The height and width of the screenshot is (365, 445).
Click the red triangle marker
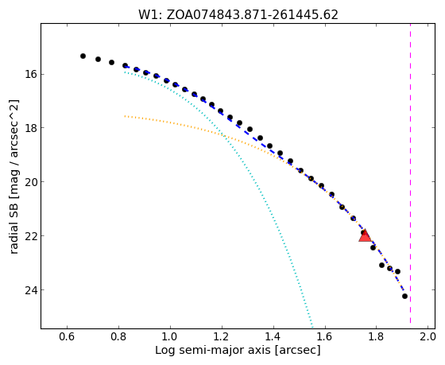pyautogui.click(x=365, y=235)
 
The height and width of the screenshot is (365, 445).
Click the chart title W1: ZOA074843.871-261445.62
pyautogui.click(x=238, y=15)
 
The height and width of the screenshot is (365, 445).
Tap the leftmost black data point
pyautogui.click(x=83, y=56)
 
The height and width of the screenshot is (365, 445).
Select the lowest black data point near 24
pyautogui.click(x=404, y=297)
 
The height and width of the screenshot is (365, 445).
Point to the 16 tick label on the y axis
pyautogui.click(x=31, y=75)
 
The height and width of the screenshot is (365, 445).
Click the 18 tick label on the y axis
pyautogui.click(x=31, y=128)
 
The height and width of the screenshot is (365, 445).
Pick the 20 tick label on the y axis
pyautogui.click(x=31, y=182)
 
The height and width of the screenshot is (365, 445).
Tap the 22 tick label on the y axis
pyautogui.click(x=31, y=235)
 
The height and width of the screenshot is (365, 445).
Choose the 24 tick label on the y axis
pyautogui.click(x=31, y=289)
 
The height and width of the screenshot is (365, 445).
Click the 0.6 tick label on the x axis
pyautogui.click(x=67, y=337)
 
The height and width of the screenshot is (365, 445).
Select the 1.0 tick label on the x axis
pyautogui.click(x=170, y=337)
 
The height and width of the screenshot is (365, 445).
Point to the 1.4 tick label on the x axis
pyautogui.click(x=273, y=337)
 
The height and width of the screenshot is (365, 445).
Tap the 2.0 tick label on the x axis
pyautogui.click(x=428, y=337)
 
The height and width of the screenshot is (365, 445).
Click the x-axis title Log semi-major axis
pyautogui.click(x=213, y=351)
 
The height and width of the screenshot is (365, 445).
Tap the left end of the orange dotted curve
pyautogui.click(x=125, y=116)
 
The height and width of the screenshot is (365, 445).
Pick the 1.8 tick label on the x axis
pyautogui.click(x=376, y=337)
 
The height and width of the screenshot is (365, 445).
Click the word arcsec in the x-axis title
pyautogui.click(x=297, y=351)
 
